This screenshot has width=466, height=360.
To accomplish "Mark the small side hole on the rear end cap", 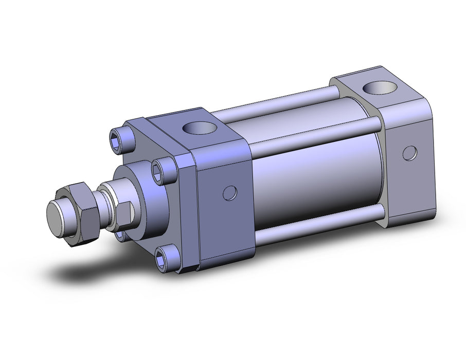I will pyautogui.click(x=409, y=153).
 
